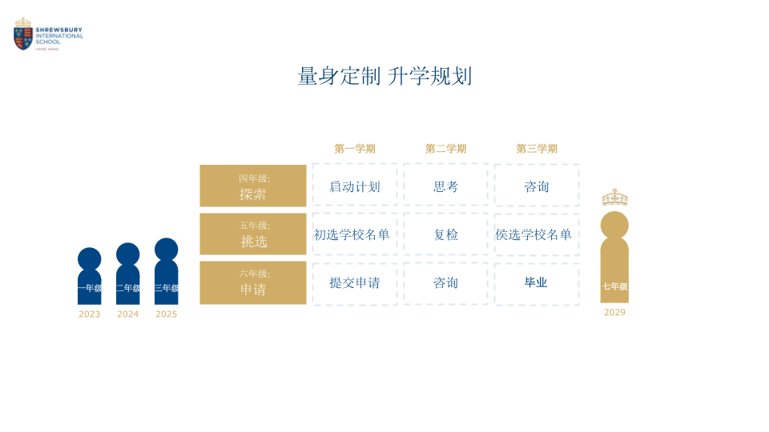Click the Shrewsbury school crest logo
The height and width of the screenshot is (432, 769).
coord(23,34)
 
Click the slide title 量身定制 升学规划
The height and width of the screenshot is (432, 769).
coord(384,77)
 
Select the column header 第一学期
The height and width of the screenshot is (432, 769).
coord(355,149)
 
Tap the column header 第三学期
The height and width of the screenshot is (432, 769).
coord(537,149)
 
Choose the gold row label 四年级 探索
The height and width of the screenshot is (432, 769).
coord(253,186)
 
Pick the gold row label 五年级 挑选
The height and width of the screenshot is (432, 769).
coord(253,234)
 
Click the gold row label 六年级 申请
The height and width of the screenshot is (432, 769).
coord(253,282)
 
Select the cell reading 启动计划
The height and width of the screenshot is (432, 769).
coord(355,186)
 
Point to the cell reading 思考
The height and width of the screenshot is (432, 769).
coord(446,186)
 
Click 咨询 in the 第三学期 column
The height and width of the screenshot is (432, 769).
coord(537,186)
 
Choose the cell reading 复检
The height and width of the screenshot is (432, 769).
coord(446,234)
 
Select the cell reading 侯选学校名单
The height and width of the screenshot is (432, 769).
coord(533,234)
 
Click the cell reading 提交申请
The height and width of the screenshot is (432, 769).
coord(355,282)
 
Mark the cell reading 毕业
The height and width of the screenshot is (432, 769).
coord(536,282)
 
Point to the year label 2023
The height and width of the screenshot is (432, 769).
coord(90,314)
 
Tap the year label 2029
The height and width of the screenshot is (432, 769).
coord(614,313)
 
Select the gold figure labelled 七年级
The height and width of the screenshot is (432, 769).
coord(614,260)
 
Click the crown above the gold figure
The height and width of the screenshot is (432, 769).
coord(614,198)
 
